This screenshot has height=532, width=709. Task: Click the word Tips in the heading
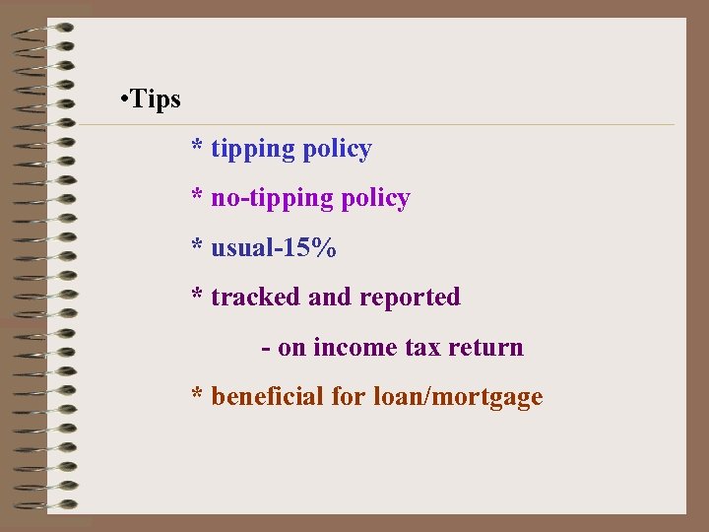pos(156,100)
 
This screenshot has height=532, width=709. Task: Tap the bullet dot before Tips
pos(120,100)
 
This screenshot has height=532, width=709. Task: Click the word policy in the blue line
pos(337,150)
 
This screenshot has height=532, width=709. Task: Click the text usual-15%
pos(274,248)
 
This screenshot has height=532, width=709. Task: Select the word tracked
pos(256,298)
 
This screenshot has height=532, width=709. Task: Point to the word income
pos(355,348)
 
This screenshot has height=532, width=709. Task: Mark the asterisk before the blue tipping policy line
pos(198,149)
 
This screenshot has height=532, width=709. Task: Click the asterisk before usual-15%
pos(198,247)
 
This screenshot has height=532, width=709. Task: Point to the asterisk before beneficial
pos(198,396)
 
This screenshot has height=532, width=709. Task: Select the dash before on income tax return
pos(266,349)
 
